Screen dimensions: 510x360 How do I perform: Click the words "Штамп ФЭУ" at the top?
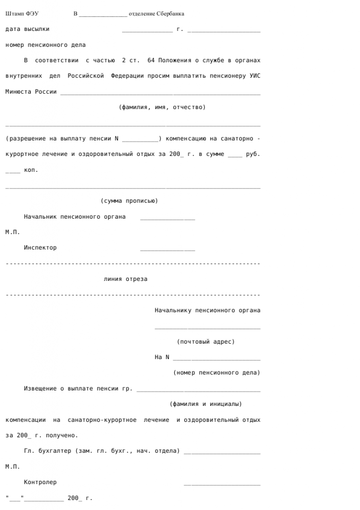(x=22, y=13)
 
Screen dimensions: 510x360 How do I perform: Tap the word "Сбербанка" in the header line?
(x=170, y=13)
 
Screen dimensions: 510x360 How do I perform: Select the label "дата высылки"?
(x=27, y=29)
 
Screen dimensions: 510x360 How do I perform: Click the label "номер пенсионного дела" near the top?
(x=45, y=45)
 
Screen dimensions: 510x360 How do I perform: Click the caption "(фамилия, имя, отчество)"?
(x=162, y=108)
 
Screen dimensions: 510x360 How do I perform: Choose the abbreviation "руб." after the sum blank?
(x=253, y=154)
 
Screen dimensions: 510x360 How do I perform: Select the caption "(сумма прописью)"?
(x=129, y=201)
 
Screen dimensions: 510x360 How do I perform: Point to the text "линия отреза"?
(x=125, y=279)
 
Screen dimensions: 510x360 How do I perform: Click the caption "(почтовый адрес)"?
(x=206, y=342)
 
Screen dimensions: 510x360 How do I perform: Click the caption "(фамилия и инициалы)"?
(x=206, y=404)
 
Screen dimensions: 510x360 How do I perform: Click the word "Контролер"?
(x=40, y=482)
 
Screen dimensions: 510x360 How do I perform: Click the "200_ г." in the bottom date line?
(x=80, y=498)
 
